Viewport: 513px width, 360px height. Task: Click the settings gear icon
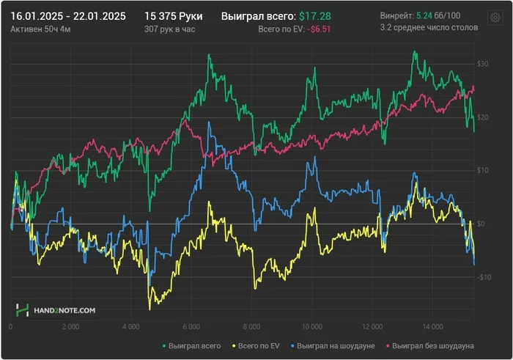(495, 18)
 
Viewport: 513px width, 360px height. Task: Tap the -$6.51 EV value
(317, 29)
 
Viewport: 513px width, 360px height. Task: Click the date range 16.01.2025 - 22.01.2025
(68, 15)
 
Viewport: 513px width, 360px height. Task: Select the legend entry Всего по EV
(256, 345)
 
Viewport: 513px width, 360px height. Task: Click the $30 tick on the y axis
(481, 65)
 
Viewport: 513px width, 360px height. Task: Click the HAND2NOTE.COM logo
(56, 311)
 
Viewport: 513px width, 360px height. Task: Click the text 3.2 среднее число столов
(429, 28)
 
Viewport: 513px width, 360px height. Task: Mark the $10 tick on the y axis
(481, 171)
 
